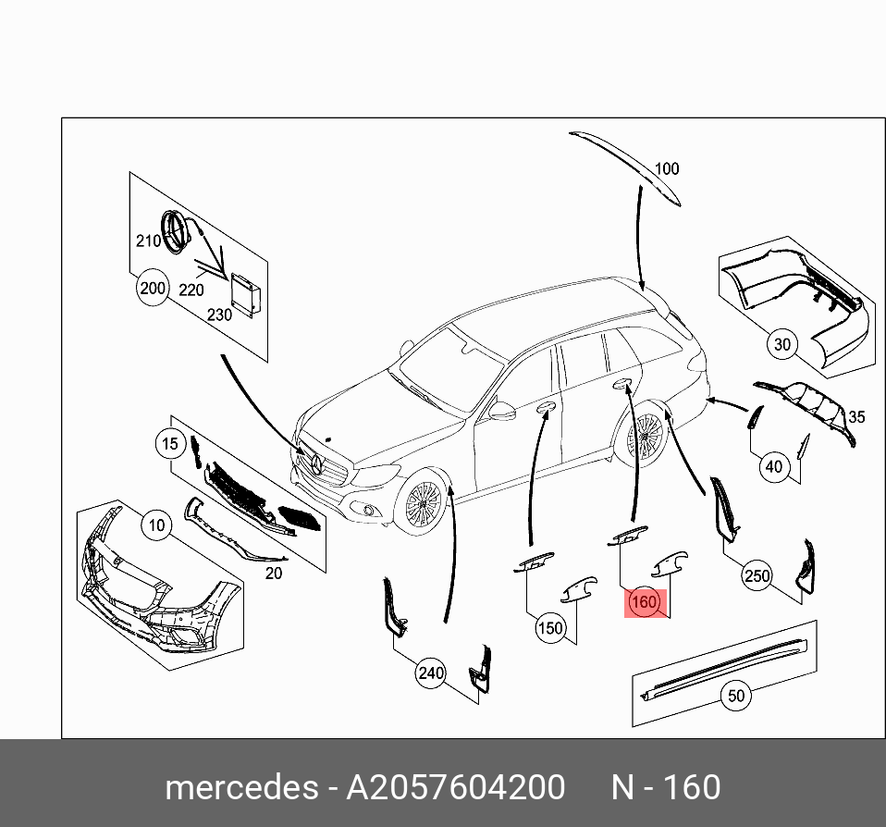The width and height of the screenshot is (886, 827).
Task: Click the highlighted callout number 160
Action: click(643, 603)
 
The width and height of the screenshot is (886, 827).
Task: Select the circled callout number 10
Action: click(157, 526)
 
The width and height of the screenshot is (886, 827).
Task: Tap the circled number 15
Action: click(170, 445)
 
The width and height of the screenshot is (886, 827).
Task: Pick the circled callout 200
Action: click(153, 288)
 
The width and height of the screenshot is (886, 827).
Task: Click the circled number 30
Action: click(782, 345)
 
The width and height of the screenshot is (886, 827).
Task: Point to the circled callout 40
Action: click(774, 467)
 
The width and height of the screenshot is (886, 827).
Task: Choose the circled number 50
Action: click(736, 696)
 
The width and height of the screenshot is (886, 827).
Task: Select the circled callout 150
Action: click(550, 628)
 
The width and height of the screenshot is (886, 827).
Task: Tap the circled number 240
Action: click(431, 673)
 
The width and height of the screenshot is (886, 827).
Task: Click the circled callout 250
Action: click(757, 576)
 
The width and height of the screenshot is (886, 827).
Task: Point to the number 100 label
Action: click(667, 168)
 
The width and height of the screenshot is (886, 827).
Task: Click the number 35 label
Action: click(856, 417)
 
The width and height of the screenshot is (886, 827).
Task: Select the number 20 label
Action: click(274, 573)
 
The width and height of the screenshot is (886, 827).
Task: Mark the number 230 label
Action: click(219, 315)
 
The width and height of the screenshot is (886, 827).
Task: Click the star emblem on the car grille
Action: click(317, 464)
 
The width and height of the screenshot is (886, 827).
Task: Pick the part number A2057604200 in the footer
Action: click(455, 787)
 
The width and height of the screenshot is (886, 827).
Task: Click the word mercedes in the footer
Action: click(240, 787)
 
